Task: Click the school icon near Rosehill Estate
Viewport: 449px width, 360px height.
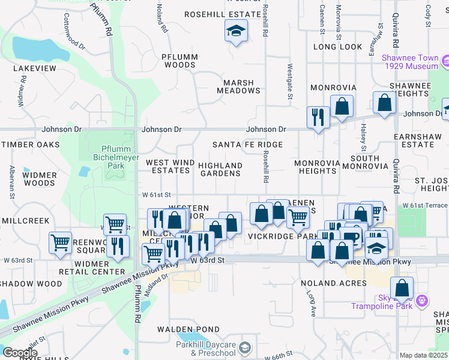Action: (x=237, y=30)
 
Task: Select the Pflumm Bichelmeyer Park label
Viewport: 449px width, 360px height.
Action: (x=108, y=157)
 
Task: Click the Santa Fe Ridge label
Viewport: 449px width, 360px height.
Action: (x=247, y=145)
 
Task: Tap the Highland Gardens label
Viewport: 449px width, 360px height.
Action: (x=220, y=169)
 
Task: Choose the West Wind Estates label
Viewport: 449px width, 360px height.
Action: (x=170, y=166)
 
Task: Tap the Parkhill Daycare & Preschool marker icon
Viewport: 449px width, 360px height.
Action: (x=244, y=347)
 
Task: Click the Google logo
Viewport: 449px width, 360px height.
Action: (x=20, y=352)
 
